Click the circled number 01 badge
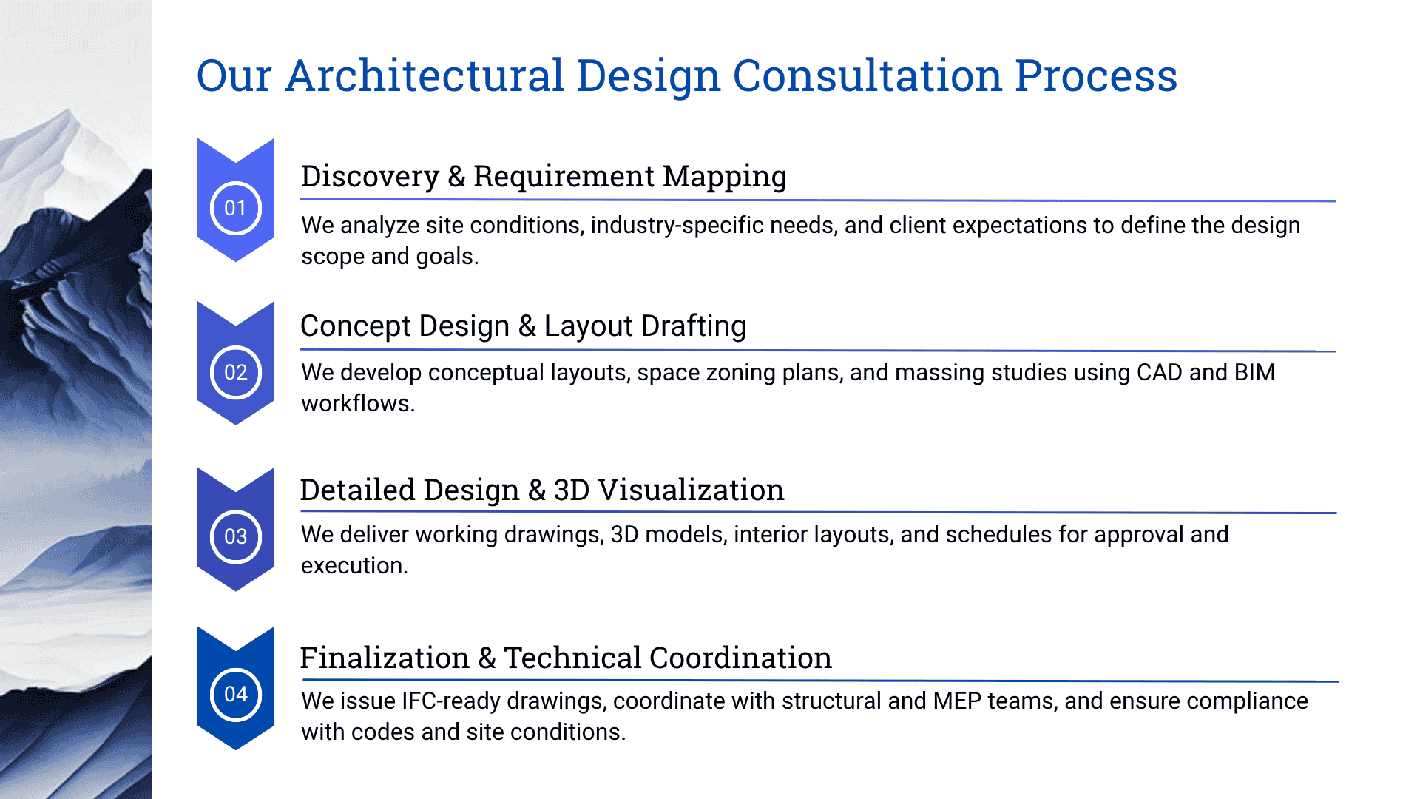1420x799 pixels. [x=235, y=208]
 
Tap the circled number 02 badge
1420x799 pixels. [x=235, y=372]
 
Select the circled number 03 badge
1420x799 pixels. [x=235, y=536]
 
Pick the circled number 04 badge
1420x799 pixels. [x=235, y=694]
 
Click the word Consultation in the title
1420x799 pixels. [x=866, y=75]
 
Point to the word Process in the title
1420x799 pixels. [x=1095, y=75]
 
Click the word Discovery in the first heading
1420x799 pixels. [x=370, y=176]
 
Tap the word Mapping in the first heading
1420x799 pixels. [x=724, y=176]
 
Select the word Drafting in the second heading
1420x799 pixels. [x=693, y=326]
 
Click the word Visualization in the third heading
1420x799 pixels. [x=691, y=490]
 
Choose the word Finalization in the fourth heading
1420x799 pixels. [x=385, y=658]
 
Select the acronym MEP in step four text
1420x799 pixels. [x=957, y=701]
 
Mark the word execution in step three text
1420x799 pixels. [x=354, y=566]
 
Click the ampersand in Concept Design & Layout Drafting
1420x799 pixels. [x=527, y=326]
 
